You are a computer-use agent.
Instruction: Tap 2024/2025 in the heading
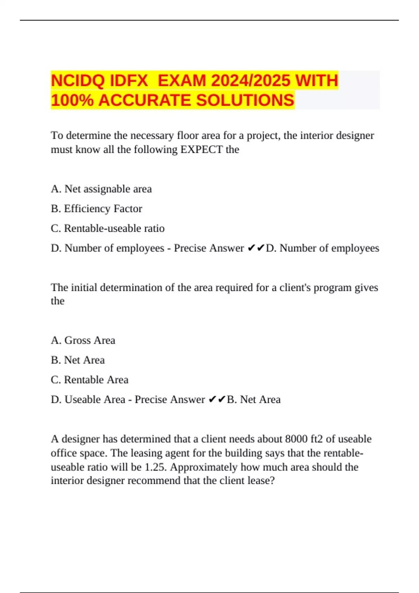[250, 81]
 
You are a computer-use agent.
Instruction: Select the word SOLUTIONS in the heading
[245, 100]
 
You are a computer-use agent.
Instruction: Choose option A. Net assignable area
[101, 189]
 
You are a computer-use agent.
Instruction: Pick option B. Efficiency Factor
[96, 209]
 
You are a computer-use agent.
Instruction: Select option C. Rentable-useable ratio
[108, 228]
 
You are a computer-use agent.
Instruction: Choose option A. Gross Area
[83, 340]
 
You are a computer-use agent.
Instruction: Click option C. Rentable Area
[90, 380]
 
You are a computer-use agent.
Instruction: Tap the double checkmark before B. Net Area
[217, 399]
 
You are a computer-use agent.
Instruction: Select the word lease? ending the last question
[261, 481]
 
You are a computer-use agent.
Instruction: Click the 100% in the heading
[72, 100]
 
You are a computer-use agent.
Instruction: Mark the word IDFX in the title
[129, 81]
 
